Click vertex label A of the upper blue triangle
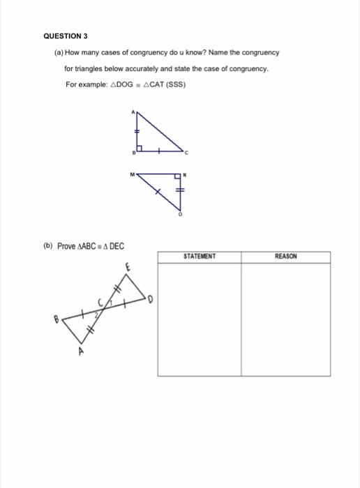coord(130,112)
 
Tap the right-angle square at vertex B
coord(140,148)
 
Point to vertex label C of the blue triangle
coord(186,152)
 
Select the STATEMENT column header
coord(200,257)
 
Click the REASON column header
coord(286,257)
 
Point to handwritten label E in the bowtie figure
coord(127,266)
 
